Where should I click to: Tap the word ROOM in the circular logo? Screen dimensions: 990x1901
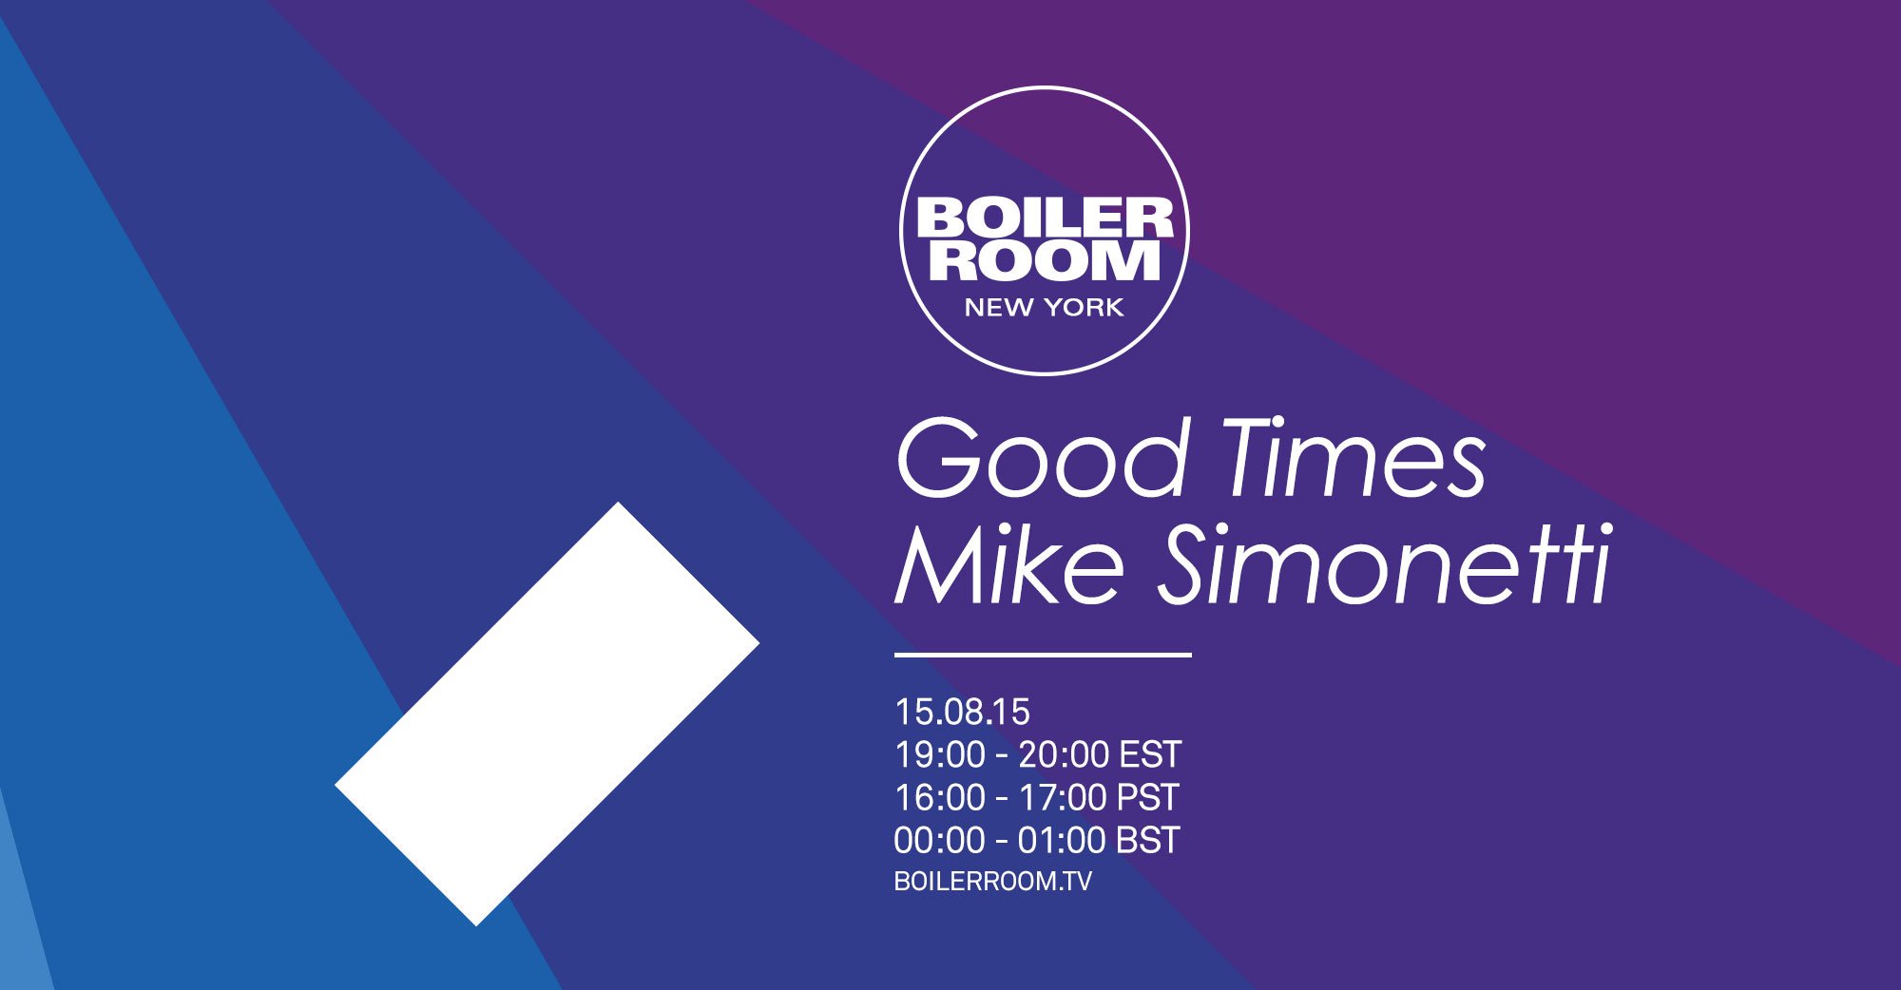1045,260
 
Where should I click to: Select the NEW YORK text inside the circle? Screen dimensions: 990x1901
1044,308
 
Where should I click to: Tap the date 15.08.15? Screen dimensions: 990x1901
962,712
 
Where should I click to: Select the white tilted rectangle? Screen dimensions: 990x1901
547,714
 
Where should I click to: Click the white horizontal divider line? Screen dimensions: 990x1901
1043,655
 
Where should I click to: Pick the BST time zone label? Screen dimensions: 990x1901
1148,841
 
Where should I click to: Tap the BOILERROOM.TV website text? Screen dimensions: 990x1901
992,882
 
